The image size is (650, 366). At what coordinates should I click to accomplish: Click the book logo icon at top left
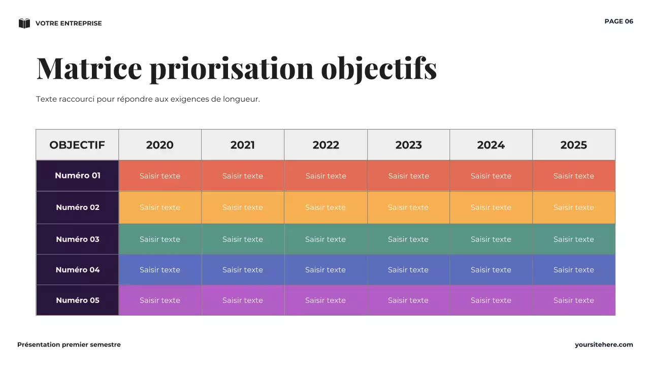(24, 23)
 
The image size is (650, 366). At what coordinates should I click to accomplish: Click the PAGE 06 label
(619, 21)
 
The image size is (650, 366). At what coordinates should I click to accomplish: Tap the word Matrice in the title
(89, 68)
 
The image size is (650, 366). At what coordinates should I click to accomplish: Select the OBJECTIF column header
(77, 145)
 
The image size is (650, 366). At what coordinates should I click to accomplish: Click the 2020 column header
(160, 145)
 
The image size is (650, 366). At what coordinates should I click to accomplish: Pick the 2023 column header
(409, 145)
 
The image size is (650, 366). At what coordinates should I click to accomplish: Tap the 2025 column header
(574, 145)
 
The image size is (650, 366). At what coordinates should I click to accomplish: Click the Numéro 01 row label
(77, 176)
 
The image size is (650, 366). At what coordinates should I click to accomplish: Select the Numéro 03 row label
(77, 239)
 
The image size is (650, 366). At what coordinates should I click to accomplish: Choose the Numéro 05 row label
(77, 300)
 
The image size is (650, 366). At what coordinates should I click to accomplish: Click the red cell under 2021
(243, 176)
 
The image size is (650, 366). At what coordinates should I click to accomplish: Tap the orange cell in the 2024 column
(491, 207)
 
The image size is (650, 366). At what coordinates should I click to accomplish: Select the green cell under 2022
(326, 239)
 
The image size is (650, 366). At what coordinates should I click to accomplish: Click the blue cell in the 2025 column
(574, 270)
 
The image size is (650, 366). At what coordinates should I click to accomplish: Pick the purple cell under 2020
(160, 300)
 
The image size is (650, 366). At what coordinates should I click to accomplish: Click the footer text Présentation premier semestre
(69, 345)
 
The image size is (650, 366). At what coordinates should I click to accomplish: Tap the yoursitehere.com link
(604, 345)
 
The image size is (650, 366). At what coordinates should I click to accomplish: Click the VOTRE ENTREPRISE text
(69, 23)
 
